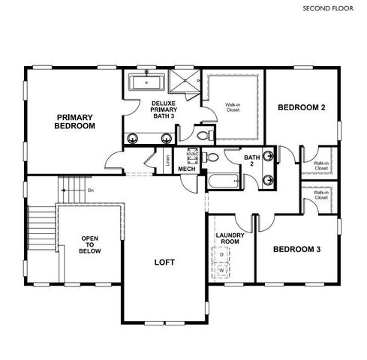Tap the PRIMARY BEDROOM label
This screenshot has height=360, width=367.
(74, 121)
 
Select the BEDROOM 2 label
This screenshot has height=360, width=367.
(301, 108)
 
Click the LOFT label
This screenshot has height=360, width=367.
(165, 262)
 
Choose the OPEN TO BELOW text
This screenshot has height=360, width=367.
(89, 245)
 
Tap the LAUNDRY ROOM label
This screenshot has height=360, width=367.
(227, 238)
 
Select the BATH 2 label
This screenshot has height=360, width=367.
(251, 160)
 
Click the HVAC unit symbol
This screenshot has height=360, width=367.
(191, 157)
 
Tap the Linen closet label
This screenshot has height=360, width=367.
(167, 159)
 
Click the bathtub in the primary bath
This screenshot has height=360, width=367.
(147, 81)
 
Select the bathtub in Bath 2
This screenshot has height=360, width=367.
(224, 181)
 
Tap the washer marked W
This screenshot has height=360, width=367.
(222, 269)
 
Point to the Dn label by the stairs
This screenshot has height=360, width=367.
(90, 190)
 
